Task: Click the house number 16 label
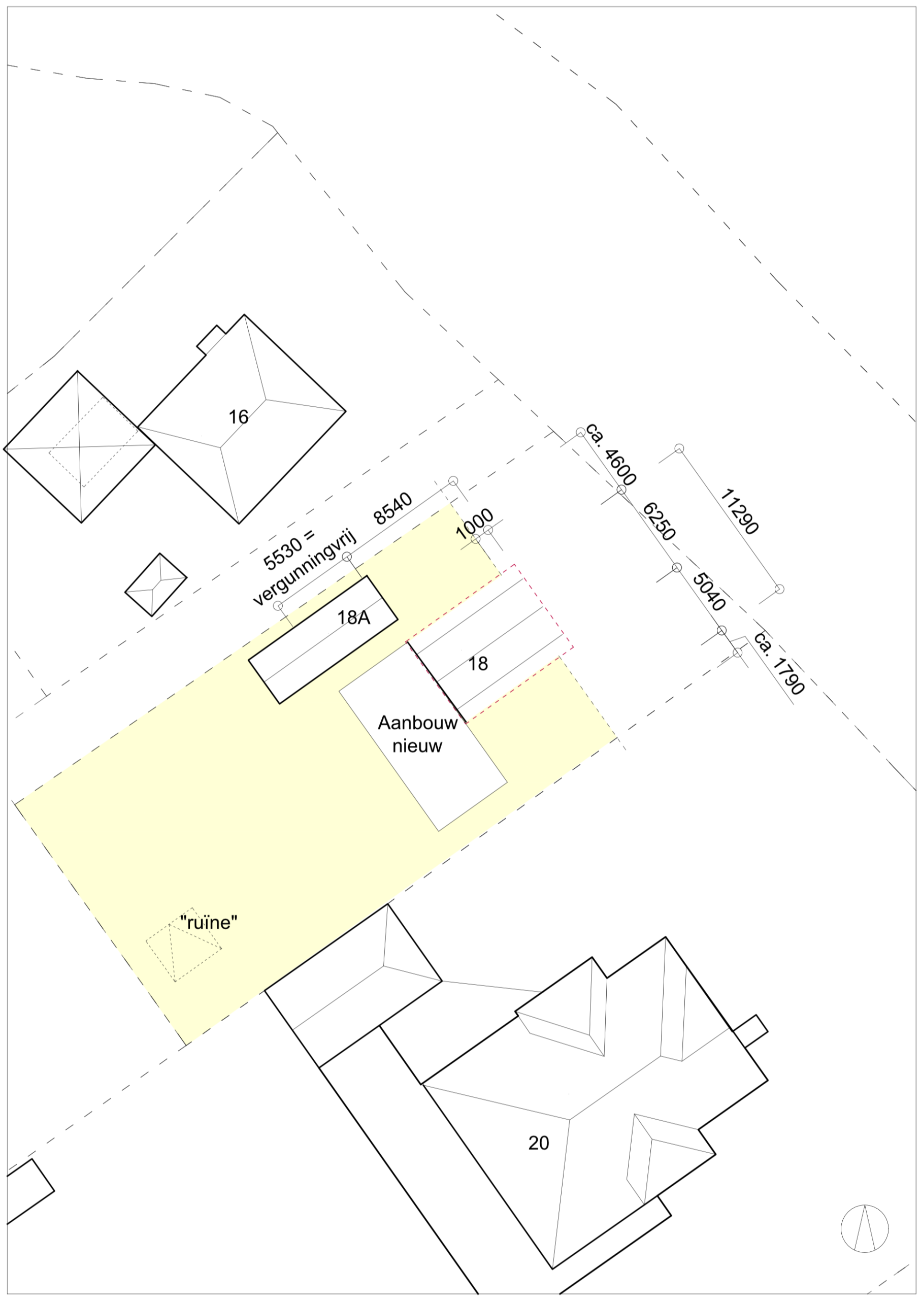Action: [238, 417]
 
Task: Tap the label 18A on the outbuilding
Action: [354, 617]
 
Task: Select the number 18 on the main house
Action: [478, 664]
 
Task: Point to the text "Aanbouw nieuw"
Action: [418, 734]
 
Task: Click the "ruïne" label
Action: [208, 923]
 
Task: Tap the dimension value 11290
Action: [739, 512]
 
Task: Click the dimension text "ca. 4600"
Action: [611, 454]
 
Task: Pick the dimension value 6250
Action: [659, 521]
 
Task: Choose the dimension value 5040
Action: [709, 592]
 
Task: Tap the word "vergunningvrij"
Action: [304, 569]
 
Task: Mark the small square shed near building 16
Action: [156, 585]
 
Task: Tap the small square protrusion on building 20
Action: [751, 1031]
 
